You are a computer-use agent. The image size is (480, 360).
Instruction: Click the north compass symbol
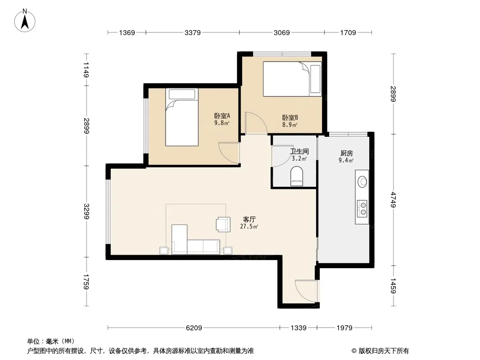[25, 21]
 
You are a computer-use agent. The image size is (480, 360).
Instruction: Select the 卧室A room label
[222, 116]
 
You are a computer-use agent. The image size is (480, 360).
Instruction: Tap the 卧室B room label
[290, 117]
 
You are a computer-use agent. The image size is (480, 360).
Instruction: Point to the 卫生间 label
[299, 151]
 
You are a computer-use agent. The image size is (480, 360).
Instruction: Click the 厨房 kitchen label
[346, 153]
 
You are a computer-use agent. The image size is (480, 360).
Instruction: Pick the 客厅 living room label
[249, 219]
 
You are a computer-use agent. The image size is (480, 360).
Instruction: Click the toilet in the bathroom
[296, 176]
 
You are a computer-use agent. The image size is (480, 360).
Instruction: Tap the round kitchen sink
[362, 182]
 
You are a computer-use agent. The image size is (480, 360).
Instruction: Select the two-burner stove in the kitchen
[362, 209]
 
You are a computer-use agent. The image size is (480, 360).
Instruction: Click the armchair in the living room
[223, 224]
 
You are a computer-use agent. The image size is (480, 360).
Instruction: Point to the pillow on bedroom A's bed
[182, 94]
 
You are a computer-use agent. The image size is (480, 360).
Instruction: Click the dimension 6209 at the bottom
[194, 328]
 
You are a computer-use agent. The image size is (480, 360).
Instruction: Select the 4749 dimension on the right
[393, 200]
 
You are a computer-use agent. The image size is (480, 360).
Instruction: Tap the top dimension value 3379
[193, 32]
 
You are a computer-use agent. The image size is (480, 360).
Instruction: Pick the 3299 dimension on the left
[86, 211]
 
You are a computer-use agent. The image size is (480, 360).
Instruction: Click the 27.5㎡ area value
[249, 227]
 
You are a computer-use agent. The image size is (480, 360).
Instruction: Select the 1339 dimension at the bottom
[299, 328]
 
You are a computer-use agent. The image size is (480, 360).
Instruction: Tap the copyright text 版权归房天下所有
[384, 351]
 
